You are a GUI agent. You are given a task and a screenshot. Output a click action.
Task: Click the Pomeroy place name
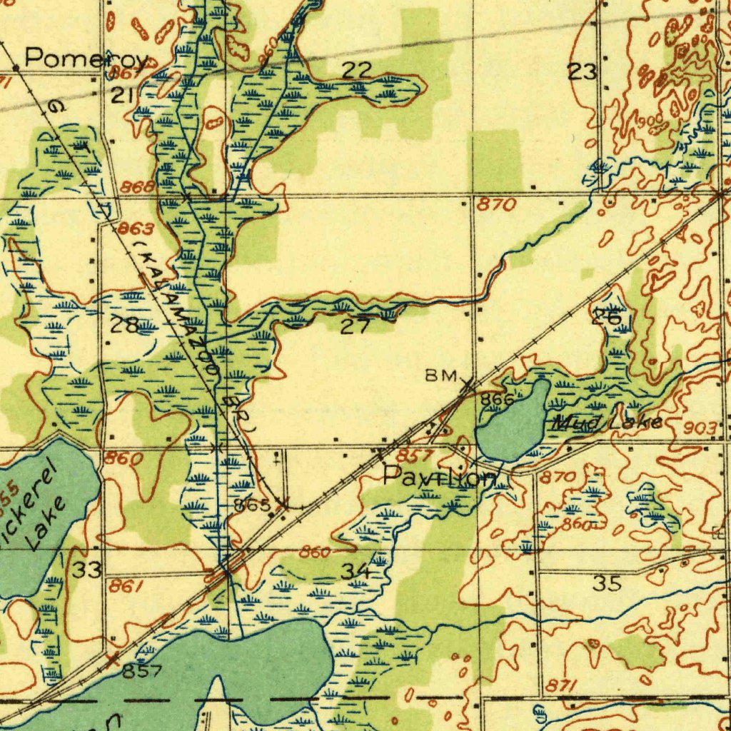click(86, 59)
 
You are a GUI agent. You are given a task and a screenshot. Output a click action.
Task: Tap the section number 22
click(356, 70)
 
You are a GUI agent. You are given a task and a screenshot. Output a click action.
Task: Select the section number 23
click(582, 71)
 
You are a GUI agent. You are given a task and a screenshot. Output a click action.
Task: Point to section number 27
click(355, 327)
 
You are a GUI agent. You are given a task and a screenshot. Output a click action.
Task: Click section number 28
click(125, 326)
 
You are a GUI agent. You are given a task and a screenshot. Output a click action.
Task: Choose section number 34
click(356, 571)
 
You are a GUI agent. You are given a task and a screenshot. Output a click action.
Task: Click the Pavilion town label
click(439, 476)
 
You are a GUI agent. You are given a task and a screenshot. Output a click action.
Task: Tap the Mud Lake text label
click(607, 423)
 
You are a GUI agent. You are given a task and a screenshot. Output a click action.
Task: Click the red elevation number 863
click(135, 228)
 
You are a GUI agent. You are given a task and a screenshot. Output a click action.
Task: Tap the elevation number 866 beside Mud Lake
click(497, 399)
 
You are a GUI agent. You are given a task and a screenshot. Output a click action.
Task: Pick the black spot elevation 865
click(251, 506)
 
